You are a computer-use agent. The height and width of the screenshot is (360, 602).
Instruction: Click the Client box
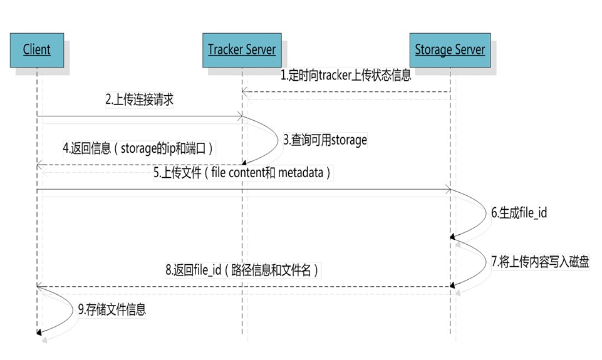(36, 49)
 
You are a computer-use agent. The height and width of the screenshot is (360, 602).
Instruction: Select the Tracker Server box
(241, 49)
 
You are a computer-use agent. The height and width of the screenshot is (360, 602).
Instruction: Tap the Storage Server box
(450, 49)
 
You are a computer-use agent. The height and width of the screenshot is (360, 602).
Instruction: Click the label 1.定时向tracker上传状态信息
(345, 76)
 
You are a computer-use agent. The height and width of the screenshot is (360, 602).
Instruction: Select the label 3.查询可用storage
(324, 140)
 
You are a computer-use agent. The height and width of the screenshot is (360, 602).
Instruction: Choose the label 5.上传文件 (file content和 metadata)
(242, 173)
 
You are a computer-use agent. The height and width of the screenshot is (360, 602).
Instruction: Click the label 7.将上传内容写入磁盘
(540, 261)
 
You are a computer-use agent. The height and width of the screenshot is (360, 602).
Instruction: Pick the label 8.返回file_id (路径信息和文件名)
(243, 270)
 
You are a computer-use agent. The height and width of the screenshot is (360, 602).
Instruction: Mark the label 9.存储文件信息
(112, 309)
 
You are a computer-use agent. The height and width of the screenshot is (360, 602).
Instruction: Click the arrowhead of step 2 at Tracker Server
(239, 116)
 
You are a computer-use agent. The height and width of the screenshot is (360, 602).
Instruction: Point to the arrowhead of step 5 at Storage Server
(447, 189)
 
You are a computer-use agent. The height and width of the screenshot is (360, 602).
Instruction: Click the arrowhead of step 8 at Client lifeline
(40, 286)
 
